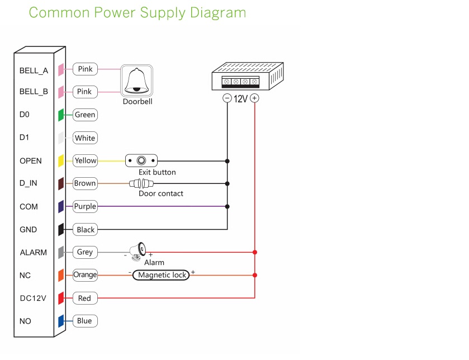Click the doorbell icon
click(x=137, y=81)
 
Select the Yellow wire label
click(x=85, y=160)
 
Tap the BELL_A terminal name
click(x=34, y=71)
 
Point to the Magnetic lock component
click(x=161, y=275)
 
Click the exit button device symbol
click(x=141, y=160)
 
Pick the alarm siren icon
click(x=138, y=250)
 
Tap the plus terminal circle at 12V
click(x=254, y=98)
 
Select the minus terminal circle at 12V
click(x=227, y=98)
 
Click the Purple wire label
click(x=85, y=206)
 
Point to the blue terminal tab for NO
click(x=61, y=321)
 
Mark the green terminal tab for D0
click(x=61, y=115)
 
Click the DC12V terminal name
click(x=34, y=299)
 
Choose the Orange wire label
click(x=85, y=274)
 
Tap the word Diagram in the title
click(x=215, y=12)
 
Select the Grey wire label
click(x=85, y=252)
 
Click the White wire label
click(x=85, y=138)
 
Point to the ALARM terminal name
click(x=34, y=253)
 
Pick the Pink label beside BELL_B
click(x=84, y=92)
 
